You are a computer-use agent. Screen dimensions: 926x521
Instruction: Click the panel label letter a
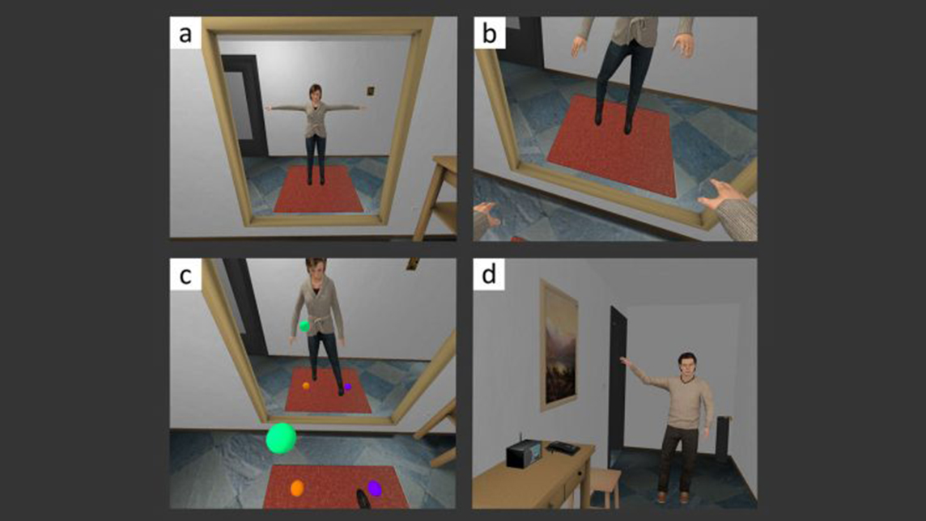(x=185, y=34)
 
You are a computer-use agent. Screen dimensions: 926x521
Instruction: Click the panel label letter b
(x=489, y=34)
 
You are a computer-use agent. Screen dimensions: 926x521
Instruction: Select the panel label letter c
(x=185, y=276)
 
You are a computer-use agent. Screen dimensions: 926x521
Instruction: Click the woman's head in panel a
(x=316, y=93)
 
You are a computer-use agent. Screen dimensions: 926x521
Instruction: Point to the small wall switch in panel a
(x=370, y=91)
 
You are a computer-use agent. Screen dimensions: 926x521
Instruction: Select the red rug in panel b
(x=611, y=146)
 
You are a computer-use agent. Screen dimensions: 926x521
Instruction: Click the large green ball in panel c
(x=281, y=438)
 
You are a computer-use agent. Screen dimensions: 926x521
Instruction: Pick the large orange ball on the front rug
(x=297, y=488)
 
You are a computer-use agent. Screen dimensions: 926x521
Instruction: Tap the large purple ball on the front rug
(x=375, y=488)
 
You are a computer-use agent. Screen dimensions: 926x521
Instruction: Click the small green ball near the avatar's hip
(x=304, y=326)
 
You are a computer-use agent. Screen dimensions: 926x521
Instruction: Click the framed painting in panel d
(x=558, y=345)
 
